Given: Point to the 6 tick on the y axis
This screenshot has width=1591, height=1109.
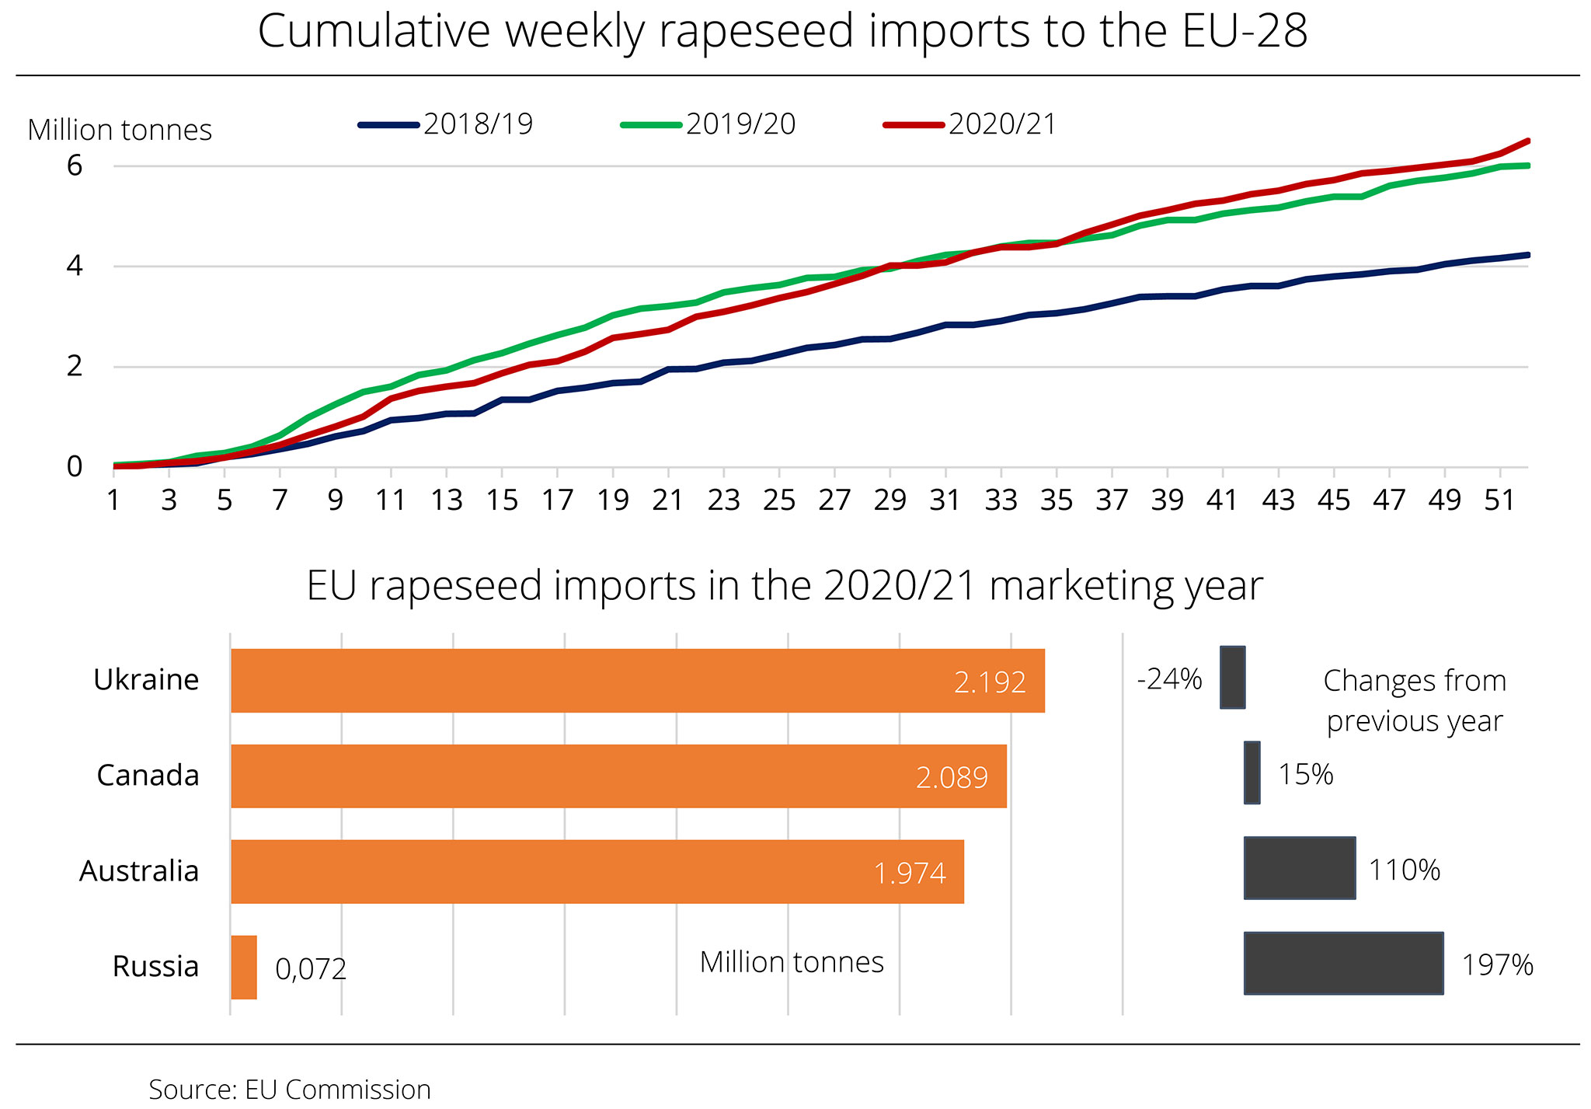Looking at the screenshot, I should coord(75,166).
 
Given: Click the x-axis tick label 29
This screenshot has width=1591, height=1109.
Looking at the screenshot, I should coord(889,500).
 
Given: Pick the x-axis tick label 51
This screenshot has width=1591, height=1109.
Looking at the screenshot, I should coord(1499,500).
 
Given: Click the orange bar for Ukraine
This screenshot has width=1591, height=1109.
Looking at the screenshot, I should coord(637,681).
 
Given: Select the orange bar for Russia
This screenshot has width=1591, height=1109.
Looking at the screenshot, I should coord(244,967).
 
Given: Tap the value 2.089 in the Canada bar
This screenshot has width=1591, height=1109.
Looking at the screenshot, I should coord(952,777).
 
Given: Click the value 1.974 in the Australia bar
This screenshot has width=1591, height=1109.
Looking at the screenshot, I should coord(910,874).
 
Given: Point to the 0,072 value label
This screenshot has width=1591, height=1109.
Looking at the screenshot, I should coord(311,969).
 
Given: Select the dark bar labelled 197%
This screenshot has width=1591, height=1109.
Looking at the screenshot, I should coord(1343,963).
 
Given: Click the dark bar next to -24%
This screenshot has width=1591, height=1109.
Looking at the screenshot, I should coord(1232,677).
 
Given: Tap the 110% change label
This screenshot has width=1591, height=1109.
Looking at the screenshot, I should coord(1405,870).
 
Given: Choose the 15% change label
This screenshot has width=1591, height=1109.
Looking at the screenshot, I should coord(1306,774).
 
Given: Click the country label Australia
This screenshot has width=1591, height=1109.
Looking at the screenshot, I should coord(139,871).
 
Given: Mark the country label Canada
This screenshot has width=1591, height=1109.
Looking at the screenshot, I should coord(148,776).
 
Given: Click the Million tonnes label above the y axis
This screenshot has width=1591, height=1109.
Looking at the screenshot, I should coord(120,130).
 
